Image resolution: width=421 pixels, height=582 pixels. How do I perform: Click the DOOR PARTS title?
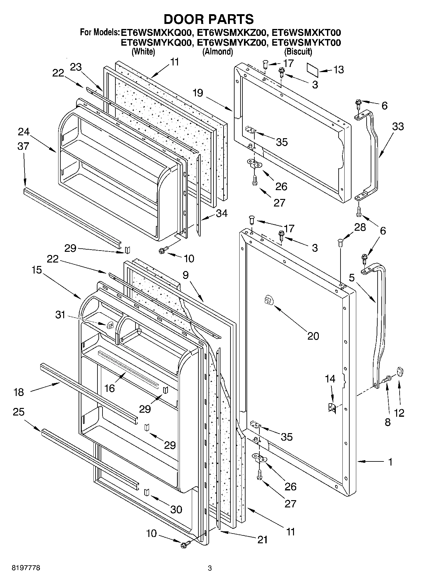pyautogui.click(x=208, y=19)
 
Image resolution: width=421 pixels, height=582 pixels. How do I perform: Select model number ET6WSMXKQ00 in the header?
pyautogui.click(x=156, y=33)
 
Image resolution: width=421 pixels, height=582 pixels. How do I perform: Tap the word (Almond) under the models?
pyautogui.click(x=217, y=51)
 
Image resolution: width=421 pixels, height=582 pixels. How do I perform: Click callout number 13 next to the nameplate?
pyautogui.click(x=338, y=70)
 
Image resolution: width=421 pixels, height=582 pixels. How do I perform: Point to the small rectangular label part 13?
pyautogui.click(x=313, y=70)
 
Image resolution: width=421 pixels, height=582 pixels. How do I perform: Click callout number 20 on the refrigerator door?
pyautogui.click(x=313, y=336)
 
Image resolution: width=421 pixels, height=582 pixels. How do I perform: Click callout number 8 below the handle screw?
pyautogui.click(x=387, y=422)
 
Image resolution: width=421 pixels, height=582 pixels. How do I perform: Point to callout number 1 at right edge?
pyautogui.click(x=390, y=462)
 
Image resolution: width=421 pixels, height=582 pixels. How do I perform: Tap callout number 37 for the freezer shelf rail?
pyautogui.click(x=23, y=146)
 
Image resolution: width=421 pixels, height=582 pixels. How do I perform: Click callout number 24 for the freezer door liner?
pyautogui.click(x=23, y=132)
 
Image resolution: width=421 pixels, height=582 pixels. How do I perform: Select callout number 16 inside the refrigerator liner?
pyautogui.click(x=109, y=388)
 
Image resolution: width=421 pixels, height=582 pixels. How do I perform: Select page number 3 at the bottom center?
pyautogui.click(x=210, y=568)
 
